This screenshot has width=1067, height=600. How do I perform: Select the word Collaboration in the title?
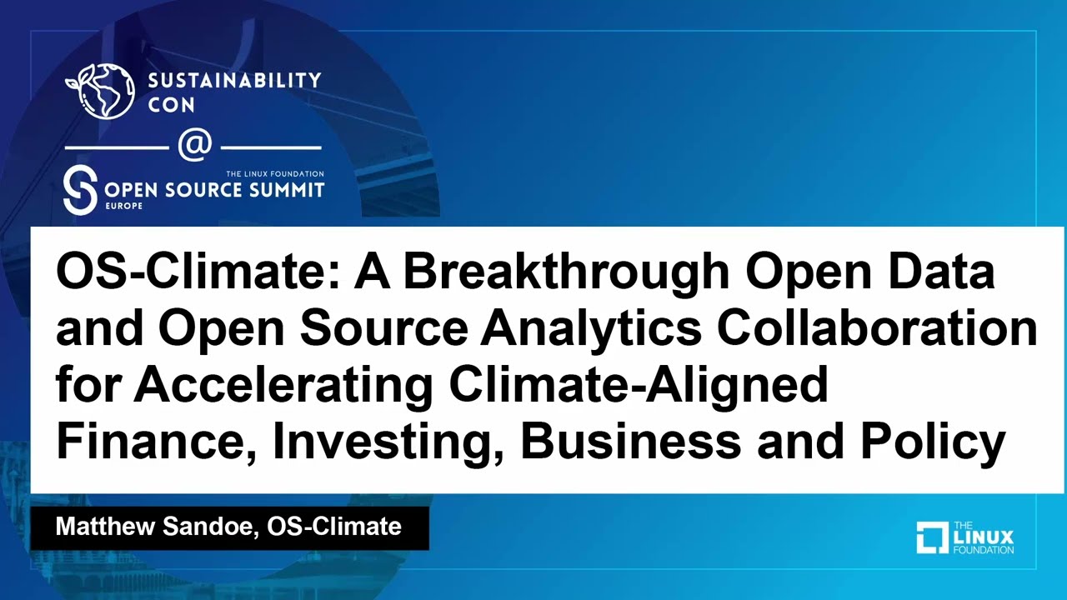pyautogui.click(x=877, y=331)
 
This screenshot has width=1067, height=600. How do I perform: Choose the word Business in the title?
pyautogui.click(x=630, y=442)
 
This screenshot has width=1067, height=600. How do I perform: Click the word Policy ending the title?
pyautogui.click(x=932, y=442)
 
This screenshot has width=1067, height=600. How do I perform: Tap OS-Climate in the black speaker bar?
pyautogui.click(x=334, y=527)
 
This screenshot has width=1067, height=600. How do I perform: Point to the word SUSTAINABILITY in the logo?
pyautogui.click(x=233, y=81)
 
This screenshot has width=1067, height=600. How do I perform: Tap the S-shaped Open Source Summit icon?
pyautogui.click(x=80, y=190)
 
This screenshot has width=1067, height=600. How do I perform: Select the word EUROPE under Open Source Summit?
pyautogui.click(x=123, y=205)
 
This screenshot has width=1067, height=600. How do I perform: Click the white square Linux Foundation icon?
pyautogui.click(x=932, y=537)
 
